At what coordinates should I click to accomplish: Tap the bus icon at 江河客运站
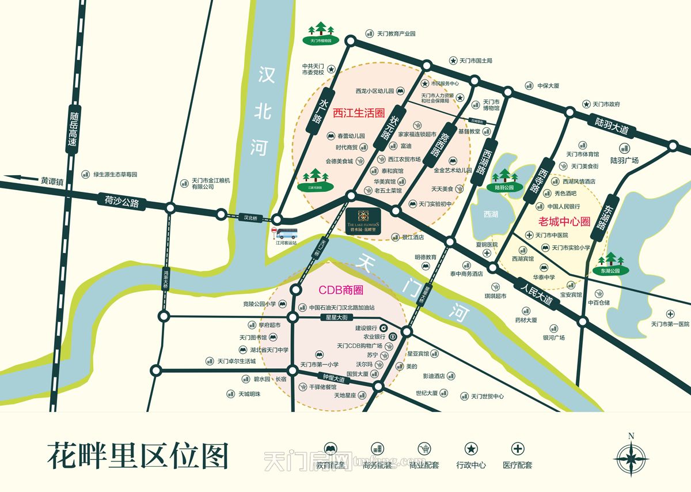[x=286, y=233]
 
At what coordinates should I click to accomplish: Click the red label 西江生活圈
[x=358, y=113]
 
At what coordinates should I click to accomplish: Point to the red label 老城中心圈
[x=565, y=221]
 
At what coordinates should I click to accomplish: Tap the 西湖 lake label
[x=491, y=214]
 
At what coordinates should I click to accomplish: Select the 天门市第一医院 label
[x=670, y=324]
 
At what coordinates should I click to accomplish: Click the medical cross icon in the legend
[x=518, y=449]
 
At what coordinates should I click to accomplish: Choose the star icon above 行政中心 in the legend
[x=470, y=449]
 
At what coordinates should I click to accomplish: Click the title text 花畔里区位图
[x=138, y=456]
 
